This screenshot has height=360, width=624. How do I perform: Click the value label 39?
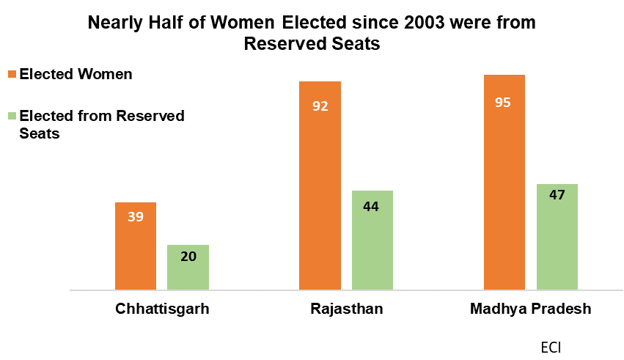(136, 217)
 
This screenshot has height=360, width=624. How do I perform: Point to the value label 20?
(188, 257)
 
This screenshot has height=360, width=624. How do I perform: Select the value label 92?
(320, 106)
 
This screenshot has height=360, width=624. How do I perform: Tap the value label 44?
(372, 206)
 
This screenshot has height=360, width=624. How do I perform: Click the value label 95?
(504, 103)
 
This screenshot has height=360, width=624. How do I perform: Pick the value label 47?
(557, 196)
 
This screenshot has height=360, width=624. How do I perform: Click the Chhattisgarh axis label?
(162, 309)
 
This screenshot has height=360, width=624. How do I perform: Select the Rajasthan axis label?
(346, 309)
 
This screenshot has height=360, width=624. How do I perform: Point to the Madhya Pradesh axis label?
(530, 309)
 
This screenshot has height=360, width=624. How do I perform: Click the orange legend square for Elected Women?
(12, 74)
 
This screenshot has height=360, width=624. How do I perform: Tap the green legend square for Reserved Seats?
(12, 116)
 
